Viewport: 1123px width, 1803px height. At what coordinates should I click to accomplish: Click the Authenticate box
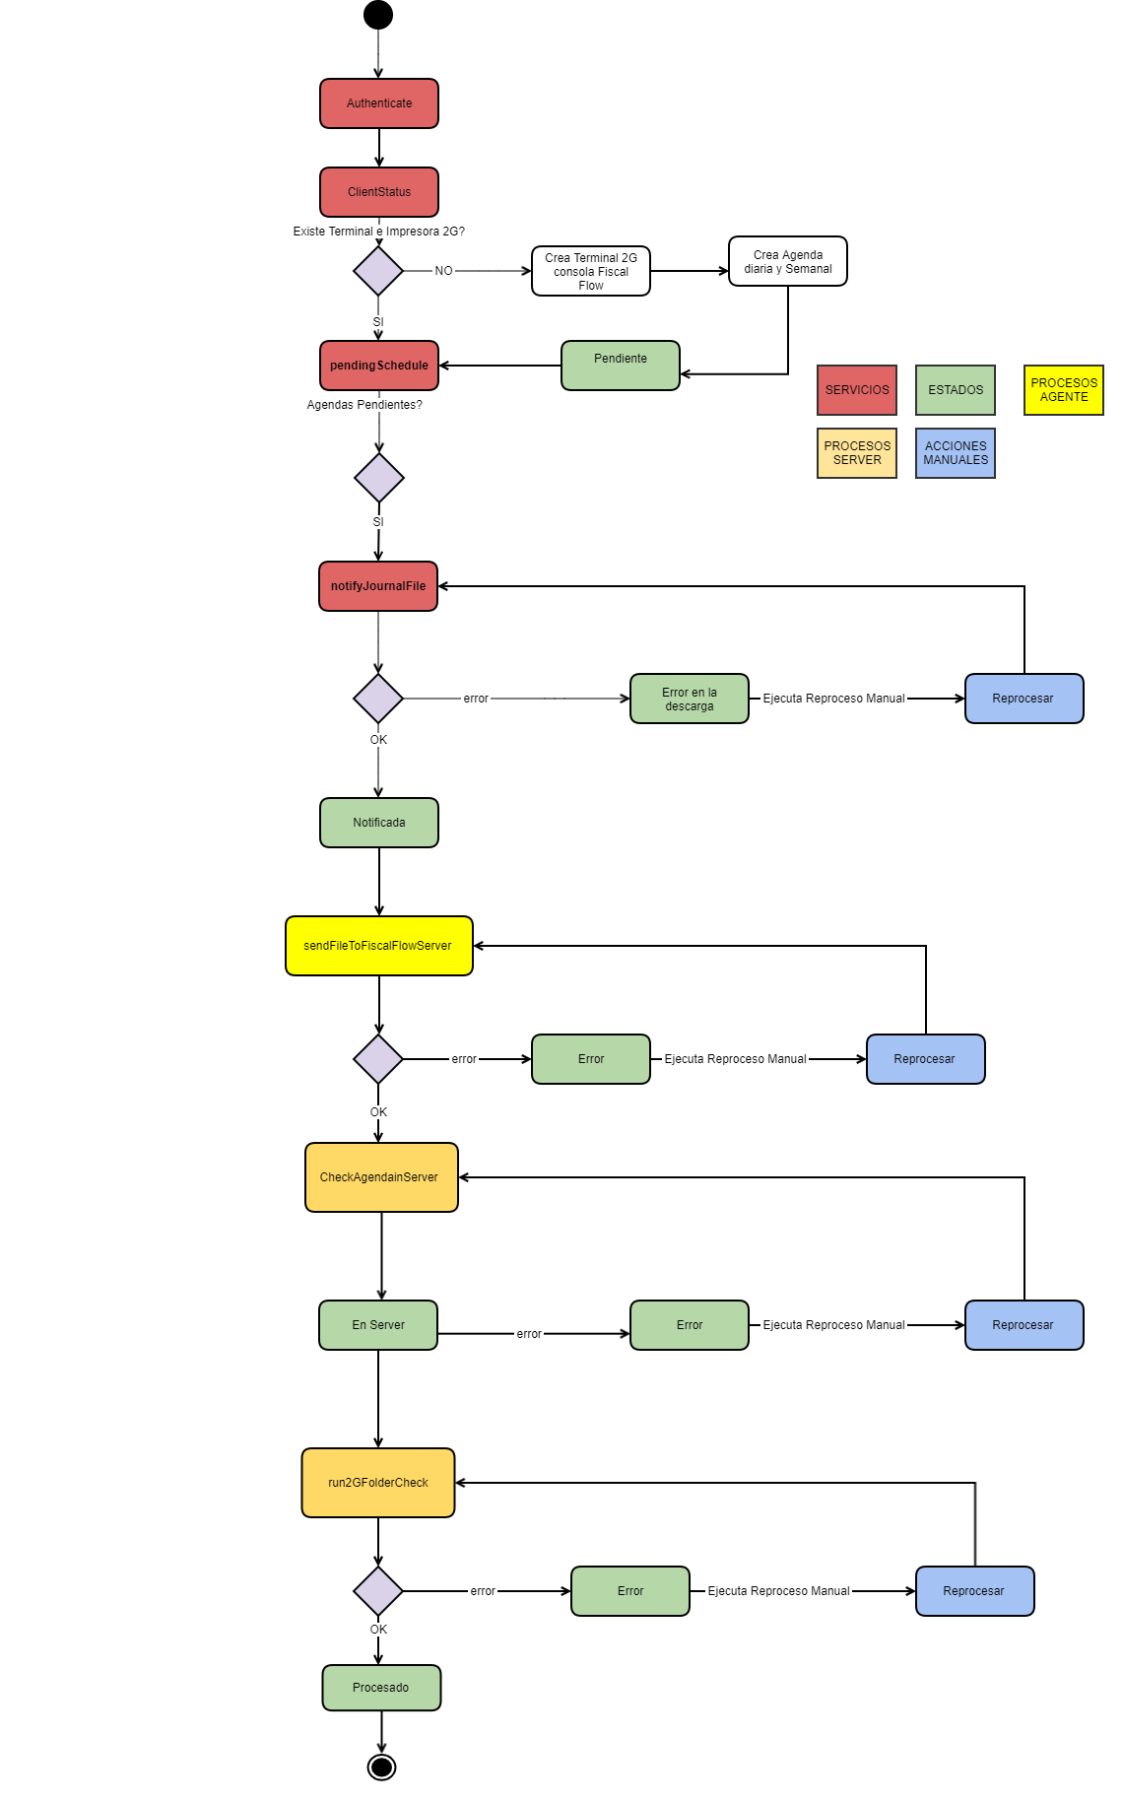(x=379, y=103)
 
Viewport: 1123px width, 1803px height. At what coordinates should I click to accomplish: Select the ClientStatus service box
(x=379, y=192)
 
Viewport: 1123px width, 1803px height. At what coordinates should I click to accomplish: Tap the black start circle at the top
(x=378, y=15)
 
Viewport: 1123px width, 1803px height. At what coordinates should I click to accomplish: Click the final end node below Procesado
(x=381, y=1767)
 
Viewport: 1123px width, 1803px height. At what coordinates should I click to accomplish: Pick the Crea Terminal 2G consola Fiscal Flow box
(x=591, y=271)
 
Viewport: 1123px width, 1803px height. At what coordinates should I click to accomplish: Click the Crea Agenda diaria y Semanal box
(x=788, y=261)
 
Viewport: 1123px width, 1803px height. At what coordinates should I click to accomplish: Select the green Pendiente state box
(x=621, y=366)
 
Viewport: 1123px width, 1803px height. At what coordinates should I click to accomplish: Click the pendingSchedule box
(x=379, y=366)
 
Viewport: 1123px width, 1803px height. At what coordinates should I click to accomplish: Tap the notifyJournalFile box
(x=378, y=586)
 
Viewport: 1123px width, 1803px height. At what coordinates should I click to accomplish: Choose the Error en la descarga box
(x=690, y=699)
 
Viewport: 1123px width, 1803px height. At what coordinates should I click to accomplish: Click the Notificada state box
(x=379, y=823)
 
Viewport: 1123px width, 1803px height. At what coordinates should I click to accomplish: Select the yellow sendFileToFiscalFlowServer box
(x=379, y=946)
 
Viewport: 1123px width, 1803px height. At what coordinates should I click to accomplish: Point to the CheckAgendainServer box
(x=381, y=1177)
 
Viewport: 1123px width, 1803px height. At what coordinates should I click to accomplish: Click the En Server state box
(x=378, y=1325)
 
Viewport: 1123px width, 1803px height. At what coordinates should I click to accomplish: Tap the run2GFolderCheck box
(x=378, y=1483)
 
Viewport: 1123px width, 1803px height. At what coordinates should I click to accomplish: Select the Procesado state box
(x=381, y=1688)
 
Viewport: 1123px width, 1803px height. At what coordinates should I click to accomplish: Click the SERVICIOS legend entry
(x=857, y=390)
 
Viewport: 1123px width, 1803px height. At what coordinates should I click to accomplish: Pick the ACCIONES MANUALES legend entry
(x=956, y=453)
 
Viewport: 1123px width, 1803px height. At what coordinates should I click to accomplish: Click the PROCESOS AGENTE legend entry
(x=1064, y=390)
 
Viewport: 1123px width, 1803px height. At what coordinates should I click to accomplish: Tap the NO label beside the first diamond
(x=444, y=271)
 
